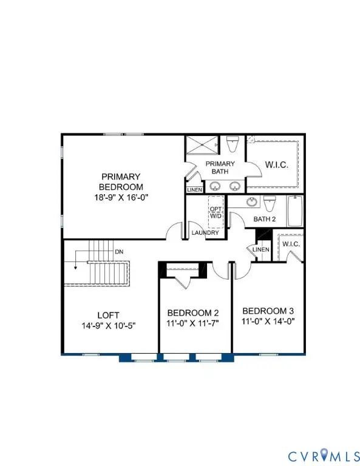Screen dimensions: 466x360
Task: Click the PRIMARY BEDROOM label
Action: point(121,182)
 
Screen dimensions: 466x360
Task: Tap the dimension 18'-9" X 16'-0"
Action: point(121,197)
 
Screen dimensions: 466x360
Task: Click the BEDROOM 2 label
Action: point(193,313)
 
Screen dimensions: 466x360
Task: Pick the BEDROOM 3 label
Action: point(267,309)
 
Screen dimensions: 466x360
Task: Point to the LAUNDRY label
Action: point(200,232)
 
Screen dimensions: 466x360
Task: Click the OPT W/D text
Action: point(216,212)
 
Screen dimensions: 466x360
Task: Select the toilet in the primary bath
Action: point(232,146)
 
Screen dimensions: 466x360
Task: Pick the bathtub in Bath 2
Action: point(294,211)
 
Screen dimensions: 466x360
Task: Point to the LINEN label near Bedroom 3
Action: point(260,250)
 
